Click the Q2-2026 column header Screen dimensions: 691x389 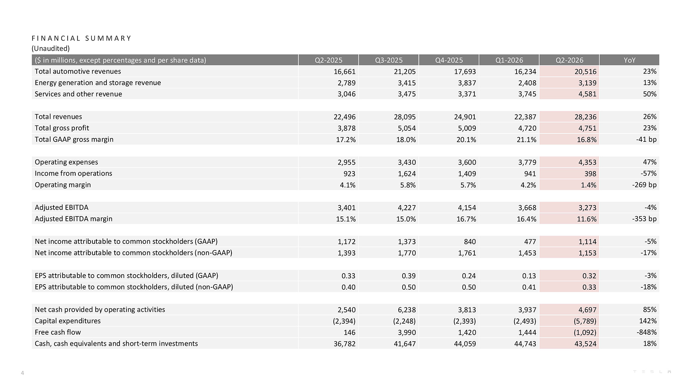569,60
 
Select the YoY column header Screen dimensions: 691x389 630,60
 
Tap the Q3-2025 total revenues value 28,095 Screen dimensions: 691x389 405,117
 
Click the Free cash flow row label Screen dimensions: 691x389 58,332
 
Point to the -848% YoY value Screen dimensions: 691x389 646,332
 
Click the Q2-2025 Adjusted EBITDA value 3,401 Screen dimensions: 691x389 347,207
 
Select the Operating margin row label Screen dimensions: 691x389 63,185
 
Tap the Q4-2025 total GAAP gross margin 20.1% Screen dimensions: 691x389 466,140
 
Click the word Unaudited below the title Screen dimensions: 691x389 51,48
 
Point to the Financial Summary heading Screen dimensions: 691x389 82,38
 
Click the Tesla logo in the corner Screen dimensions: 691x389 652,372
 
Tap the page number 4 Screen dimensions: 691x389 22,373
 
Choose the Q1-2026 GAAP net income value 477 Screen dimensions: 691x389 530,242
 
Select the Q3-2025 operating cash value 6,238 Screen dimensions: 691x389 407,310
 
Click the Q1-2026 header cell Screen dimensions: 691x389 509,60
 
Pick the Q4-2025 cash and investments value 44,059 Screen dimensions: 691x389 465,344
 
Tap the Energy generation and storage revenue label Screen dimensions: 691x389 98,83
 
